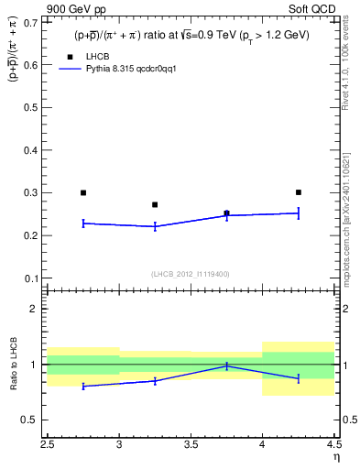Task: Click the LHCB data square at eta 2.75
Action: (x=83, y=192)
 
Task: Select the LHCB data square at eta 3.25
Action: (x=155, y=204)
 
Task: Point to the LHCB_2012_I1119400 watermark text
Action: (x=191, y=274)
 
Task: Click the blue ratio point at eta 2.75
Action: (x=83, y=387)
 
